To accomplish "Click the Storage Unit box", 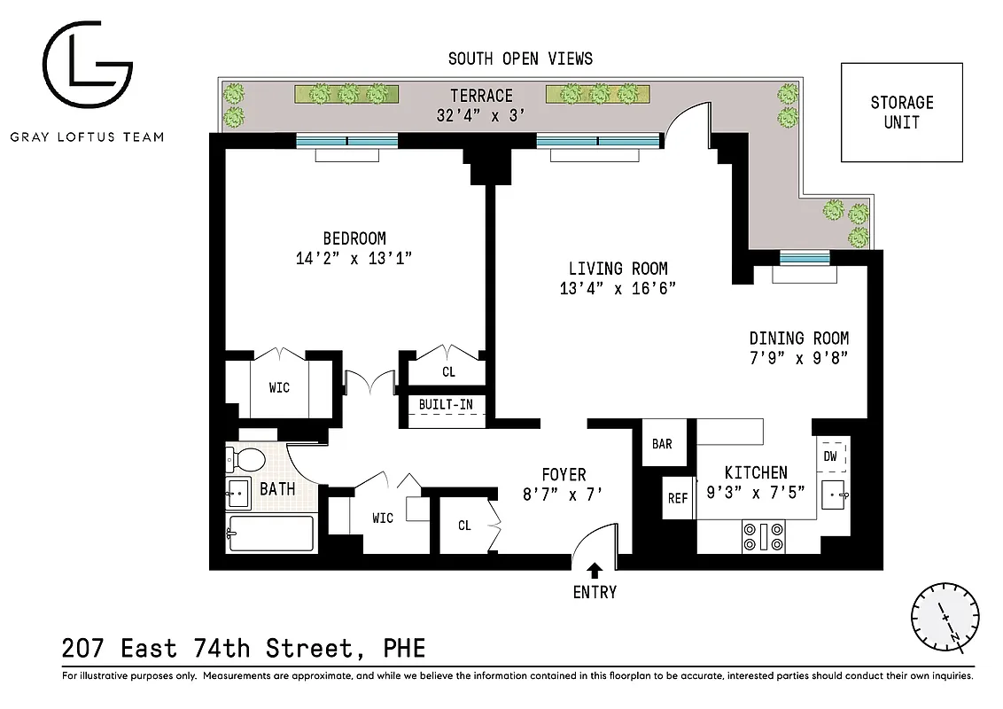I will pyautogui.click(x=901, y=113).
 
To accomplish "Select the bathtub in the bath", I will pyautogui.click(x=270, y=534).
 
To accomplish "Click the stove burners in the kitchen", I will pyautogui.click(x=763, y=537).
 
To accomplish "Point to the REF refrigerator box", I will pyautogui.click(x=677, y=498).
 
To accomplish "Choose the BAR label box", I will pyautogui.click(x=662, y=444).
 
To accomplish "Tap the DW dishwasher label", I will pyautogui.click(x=830, y=456).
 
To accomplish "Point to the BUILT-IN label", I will pyautogui.click(x=446, y=404).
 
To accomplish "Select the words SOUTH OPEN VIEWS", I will pyautogui.click(x=520, y=58).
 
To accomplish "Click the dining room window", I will pyautogui.click(x=805, y=258).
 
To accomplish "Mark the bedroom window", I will pyautogui.click(x=346, y=140).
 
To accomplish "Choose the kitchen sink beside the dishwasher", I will pyautogui.click(x=833, y=493).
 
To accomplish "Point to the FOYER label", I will pyautogui.click(x=564, y=475).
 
